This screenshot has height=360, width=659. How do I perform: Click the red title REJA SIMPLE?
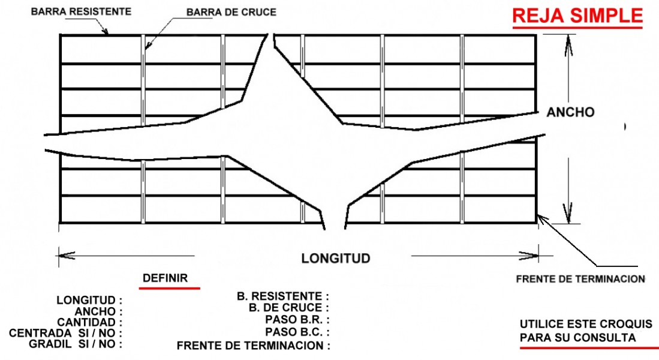click(x=577, y=16)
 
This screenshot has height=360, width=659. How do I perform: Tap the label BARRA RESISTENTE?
click(x=81, y=11)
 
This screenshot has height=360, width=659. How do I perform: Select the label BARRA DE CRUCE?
click(x=231, y=12)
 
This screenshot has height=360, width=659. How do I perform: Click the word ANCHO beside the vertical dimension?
click(x=570, y=112)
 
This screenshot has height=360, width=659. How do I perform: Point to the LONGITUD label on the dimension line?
click(x=336, y=258)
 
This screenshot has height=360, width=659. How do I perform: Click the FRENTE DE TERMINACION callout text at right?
click(x=580, y=279)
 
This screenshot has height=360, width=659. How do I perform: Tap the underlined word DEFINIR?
click(x=165, y=278)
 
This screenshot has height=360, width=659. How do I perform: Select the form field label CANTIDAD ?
click(x=89, y=323)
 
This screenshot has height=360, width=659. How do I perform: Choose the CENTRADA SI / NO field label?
click(x=65, y=333)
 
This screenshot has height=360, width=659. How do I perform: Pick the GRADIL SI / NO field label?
click(x=76, y=344)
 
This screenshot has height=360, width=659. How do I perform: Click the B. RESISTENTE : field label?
click(x=283, y=296)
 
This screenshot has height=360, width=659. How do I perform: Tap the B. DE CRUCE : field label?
click(x=289, y=308)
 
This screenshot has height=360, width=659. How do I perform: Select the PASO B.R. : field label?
click(x=297, y=320)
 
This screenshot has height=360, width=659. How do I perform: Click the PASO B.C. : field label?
click(x=297, y=332)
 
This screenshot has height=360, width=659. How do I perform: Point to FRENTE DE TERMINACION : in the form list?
click(x=254, y=346)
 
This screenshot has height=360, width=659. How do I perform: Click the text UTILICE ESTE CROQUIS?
click(x=586, y=324)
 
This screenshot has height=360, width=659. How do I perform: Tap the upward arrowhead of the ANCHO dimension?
click(x=568, y=46)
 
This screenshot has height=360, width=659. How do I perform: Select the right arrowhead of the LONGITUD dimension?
click(x=529, y=255)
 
